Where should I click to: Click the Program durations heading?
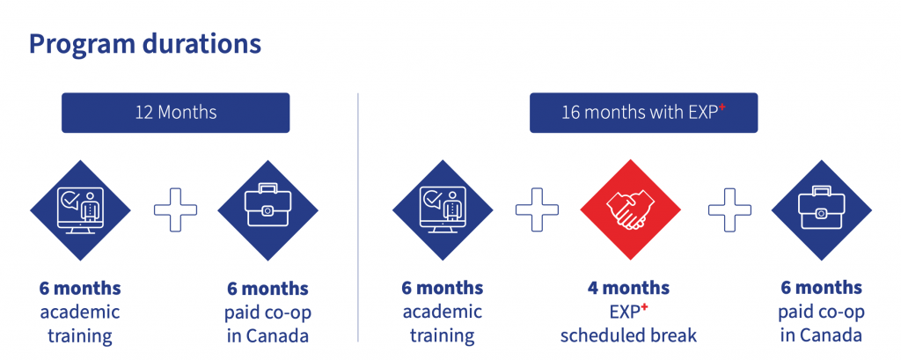click(145, 45)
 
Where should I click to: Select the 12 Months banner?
click(176, 113)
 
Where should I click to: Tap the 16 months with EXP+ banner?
click(643, 113)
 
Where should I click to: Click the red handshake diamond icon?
click(630, 209)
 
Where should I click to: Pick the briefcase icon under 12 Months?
click(267, 209)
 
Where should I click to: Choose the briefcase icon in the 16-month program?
click(821, 209)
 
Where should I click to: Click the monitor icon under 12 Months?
click(80, 209)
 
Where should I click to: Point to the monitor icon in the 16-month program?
click(443, 209)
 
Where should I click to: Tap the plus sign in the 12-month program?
click(175, 209)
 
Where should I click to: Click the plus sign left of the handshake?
click(537, 209)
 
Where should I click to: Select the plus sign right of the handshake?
click(729, 209)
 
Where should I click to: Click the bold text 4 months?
click(628, 288)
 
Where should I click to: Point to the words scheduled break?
click(628, 334)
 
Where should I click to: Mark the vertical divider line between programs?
click(358, 217)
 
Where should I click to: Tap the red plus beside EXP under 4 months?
click(644, 307)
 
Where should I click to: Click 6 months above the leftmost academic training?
click(80, 288)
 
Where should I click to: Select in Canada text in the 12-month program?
click(267, 335)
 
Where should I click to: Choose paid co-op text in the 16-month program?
click(821, 312)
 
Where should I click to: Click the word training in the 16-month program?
click(443, 336)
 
